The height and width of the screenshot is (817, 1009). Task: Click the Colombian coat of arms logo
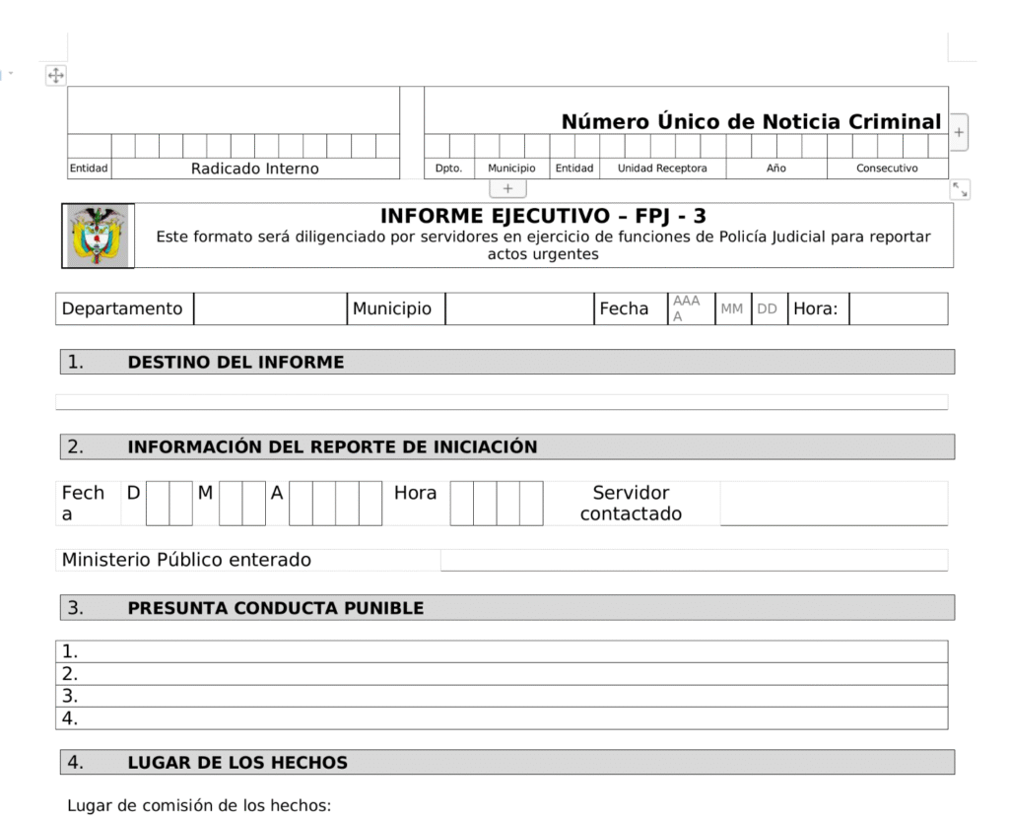[x=98, y=235]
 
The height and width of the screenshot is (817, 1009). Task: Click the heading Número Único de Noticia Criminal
[x=751, y=122]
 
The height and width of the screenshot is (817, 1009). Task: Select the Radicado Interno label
[x=255, y=169]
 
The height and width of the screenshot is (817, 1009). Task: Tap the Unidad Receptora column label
[x=662, y=169]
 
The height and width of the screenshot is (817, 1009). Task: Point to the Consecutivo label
[x=887, y=169]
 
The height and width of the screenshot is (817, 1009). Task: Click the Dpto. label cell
[x=449, y=169]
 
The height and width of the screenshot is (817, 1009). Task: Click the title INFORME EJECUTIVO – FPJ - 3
[x=543, y=216]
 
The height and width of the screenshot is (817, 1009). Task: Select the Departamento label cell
[x=123, y=308]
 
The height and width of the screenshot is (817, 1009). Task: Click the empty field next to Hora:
[x=898, y=308]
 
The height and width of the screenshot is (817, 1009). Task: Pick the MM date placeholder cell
[x=732, y=308]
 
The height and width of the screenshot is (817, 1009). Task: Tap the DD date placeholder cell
[x=768, y=308]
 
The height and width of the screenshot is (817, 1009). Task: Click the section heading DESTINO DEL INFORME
[x=235, y=362]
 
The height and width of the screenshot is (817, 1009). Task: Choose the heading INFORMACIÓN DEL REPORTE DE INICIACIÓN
[x=332, y=446]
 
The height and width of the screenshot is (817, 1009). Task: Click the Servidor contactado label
[x=631, y=503]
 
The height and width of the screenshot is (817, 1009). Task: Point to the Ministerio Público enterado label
[x=186, y=560]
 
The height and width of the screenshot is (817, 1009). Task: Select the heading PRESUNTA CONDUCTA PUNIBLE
[x=276, y=608]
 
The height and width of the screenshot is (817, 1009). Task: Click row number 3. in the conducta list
[x=70, y=696]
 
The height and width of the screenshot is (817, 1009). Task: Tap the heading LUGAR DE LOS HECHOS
[x=237, y=762]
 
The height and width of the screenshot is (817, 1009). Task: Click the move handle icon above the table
[x=56, y=75]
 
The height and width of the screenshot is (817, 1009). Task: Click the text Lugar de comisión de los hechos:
[x=199, y=805]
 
